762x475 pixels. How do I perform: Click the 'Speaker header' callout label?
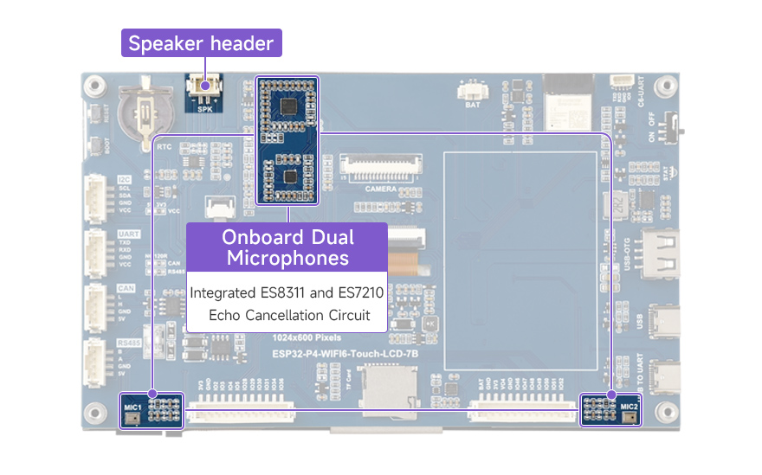click(x=201, y=43)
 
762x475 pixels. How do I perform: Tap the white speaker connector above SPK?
click(x=204, y=87)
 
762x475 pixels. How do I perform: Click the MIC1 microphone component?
click(x=132, y=417)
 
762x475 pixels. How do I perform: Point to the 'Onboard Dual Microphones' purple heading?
click(x=287, y=247)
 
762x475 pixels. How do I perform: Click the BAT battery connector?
click(x=473, y=91)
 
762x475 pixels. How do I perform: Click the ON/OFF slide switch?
click(x=667, y=130)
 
